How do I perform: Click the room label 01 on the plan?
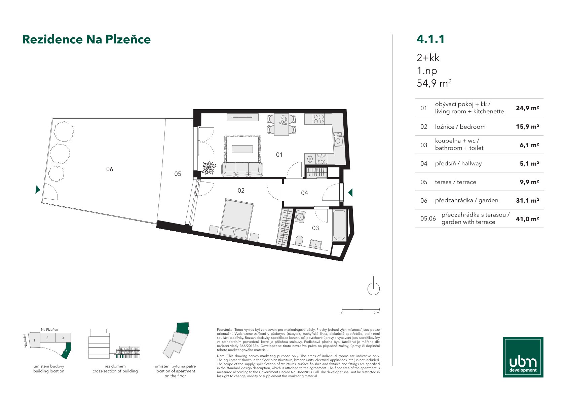[x=279, y=155]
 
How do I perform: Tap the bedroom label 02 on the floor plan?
[x=241, y=190]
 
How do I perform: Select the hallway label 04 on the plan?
[x=304, y=193]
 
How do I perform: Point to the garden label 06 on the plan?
[x=110, y=169]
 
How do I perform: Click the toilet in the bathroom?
[x=299, y=240]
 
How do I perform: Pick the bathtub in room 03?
[x=339, y=225]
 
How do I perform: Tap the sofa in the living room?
[x=242, y=169]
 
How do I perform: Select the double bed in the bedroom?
[x=237, y=219]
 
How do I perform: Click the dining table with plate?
[x=282, y=124]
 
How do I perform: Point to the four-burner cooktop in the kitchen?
[x=319, y=119]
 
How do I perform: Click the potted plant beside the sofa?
[x=209, y=167]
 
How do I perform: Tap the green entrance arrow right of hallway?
[x=350, y=193]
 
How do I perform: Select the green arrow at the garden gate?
[x=38, y=189]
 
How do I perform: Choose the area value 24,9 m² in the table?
[x=527, y=108]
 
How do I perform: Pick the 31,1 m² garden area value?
[x=527, y=201]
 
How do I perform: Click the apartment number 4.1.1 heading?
[x=430, y=39]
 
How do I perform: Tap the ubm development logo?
[x=523, y=357]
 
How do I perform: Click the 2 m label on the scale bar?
[x=376, y=313]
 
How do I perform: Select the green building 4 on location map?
[x=67, y=351]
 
